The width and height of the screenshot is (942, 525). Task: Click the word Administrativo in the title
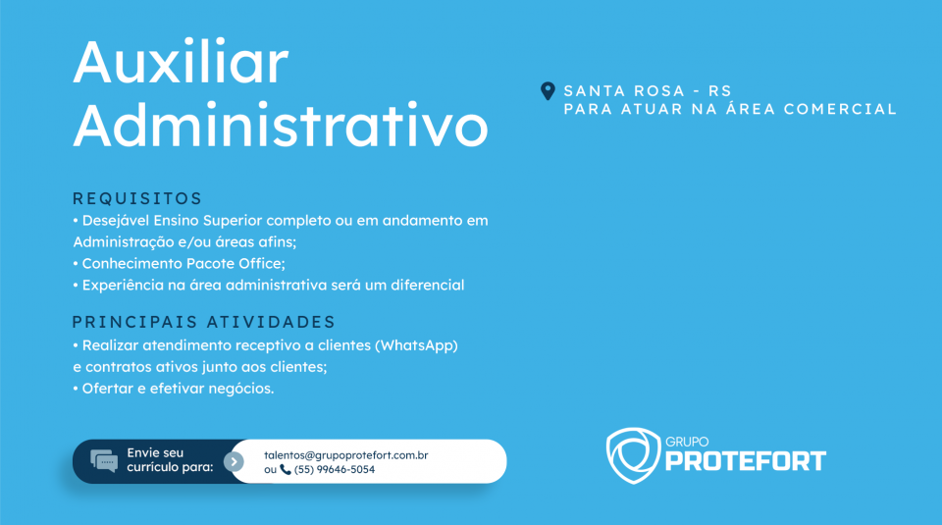281,125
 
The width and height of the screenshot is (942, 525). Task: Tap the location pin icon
548,91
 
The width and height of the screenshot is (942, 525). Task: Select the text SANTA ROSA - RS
647,90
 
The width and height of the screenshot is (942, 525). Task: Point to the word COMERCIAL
840,109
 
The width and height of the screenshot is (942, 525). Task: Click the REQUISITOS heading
137,198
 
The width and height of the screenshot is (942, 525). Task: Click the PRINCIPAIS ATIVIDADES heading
203,322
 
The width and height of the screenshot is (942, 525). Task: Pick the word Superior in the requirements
233,221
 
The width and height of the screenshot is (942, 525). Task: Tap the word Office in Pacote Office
261,264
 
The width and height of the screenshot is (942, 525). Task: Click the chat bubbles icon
104,461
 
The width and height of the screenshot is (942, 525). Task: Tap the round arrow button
234,461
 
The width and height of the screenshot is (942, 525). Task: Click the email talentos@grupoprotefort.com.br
346,455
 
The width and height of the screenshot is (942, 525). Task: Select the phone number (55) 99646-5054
334,470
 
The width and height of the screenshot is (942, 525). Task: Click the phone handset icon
286,470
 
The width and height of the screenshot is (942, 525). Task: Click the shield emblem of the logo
633,455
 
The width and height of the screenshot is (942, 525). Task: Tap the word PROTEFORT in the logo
746,461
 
